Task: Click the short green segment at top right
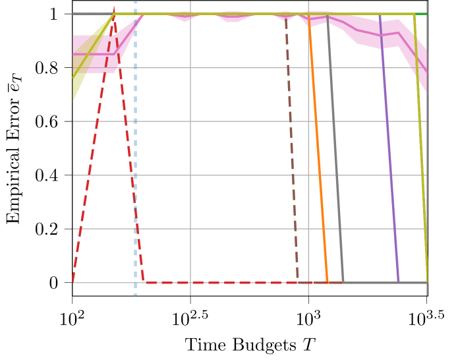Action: pos(422,14)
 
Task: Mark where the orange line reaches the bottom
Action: pos(327,282)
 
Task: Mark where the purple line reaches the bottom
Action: pos(398,282)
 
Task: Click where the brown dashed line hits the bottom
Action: pos(298,282)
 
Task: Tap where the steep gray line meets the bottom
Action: pos(343,282)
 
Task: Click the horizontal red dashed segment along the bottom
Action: pos(217,283)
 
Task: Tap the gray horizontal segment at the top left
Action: pos(89,13)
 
